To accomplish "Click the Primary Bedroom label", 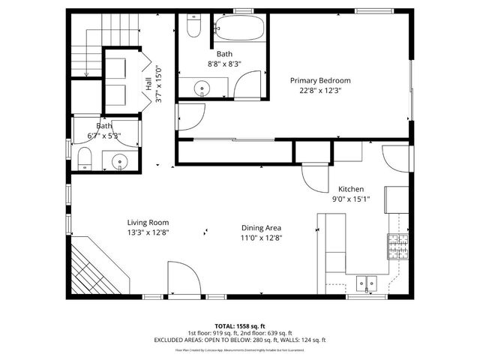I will [320, 80].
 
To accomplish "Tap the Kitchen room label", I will [351, 189].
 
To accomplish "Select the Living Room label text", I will [148, 223].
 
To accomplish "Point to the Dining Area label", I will [262, 228].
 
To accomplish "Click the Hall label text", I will [148, 82].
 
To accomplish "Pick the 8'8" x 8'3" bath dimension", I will [225, 64].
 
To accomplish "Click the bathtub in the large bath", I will [240, 30].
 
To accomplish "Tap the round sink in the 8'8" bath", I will [202, 90].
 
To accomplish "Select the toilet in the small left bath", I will [84, 158].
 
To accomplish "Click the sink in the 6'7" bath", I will [119, 160].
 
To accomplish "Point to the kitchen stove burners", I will [397, 243].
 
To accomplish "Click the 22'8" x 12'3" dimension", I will [320, 91].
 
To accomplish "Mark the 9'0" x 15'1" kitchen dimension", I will [351, 199].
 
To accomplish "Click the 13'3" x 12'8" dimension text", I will [148, 232].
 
